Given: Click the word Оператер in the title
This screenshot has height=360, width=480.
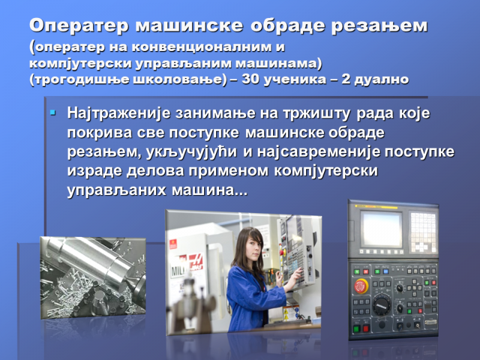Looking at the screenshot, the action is (79, 25).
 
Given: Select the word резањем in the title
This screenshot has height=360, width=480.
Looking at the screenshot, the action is (379, 26).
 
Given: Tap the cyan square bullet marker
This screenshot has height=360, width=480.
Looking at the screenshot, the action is (53, 113).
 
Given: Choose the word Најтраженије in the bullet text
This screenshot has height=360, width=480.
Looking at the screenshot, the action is (118, 113).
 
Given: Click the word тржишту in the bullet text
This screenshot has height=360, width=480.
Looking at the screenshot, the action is (317, 114).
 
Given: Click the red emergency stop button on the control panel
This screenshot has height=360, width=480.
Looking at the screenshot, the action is (362, 286).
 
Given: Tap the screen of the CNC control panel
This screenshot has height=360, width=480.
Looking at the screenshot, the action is (382, 229).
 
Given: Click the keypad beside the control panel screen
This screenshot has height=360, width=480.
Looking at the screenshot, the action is (423, 232).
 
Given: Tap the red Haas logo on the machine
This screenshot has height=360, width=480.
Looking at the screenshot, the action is (196, 262).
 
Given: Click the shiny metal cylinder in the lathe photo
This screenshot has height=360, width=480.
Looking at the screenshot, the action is (92, 260).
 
